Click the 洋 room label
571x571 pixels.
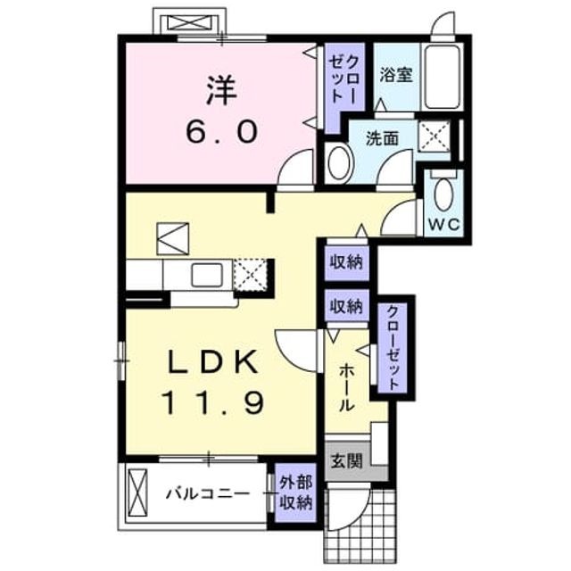point(221,91)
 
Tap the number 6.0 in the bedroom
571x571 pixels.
point(222,131)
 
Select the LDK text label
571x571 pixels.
point(214,362)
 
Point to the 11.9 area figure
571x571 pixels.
point(214,402)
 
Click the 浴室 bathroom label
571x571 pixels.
point(396,75)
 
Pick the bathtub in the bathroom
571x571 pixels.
point(443,77)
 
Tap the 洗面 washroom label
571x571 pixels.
point(382,138)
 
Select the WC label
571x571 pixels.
point(444,225)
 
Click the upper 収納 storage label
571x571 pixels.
point(346,261)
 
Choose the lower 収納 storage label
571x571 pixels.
point(346,306)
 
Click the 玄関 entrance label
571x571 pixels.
point(347,461)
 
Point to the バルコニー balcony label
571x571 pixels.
point(208,493)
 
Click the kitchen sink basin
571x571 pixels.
point(207,275)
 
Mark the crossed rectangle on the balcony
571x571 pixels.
point(138,492)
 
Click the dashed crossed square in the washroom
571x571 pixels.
point(434,137)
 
